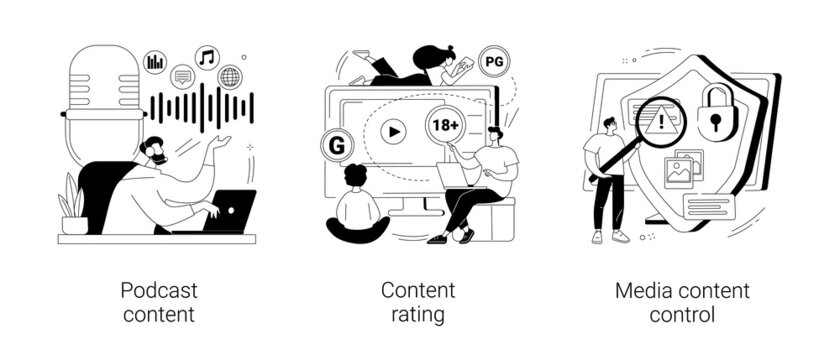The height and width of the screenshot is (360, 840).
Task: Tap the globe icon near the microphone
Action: click(230, 77)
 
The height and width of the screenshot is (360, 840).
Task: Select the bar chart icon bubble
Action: click(156, 62)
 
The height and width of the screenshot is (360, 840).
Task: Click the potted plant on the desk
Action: click(73, 205)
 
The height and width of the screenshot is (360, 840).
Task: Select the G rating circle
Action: click(337, 145)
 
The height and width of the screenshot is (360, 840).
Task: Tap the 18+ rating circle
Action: click(444, 126)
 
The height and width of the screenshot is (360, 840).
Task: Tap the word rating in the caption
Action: click(418, 315)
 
